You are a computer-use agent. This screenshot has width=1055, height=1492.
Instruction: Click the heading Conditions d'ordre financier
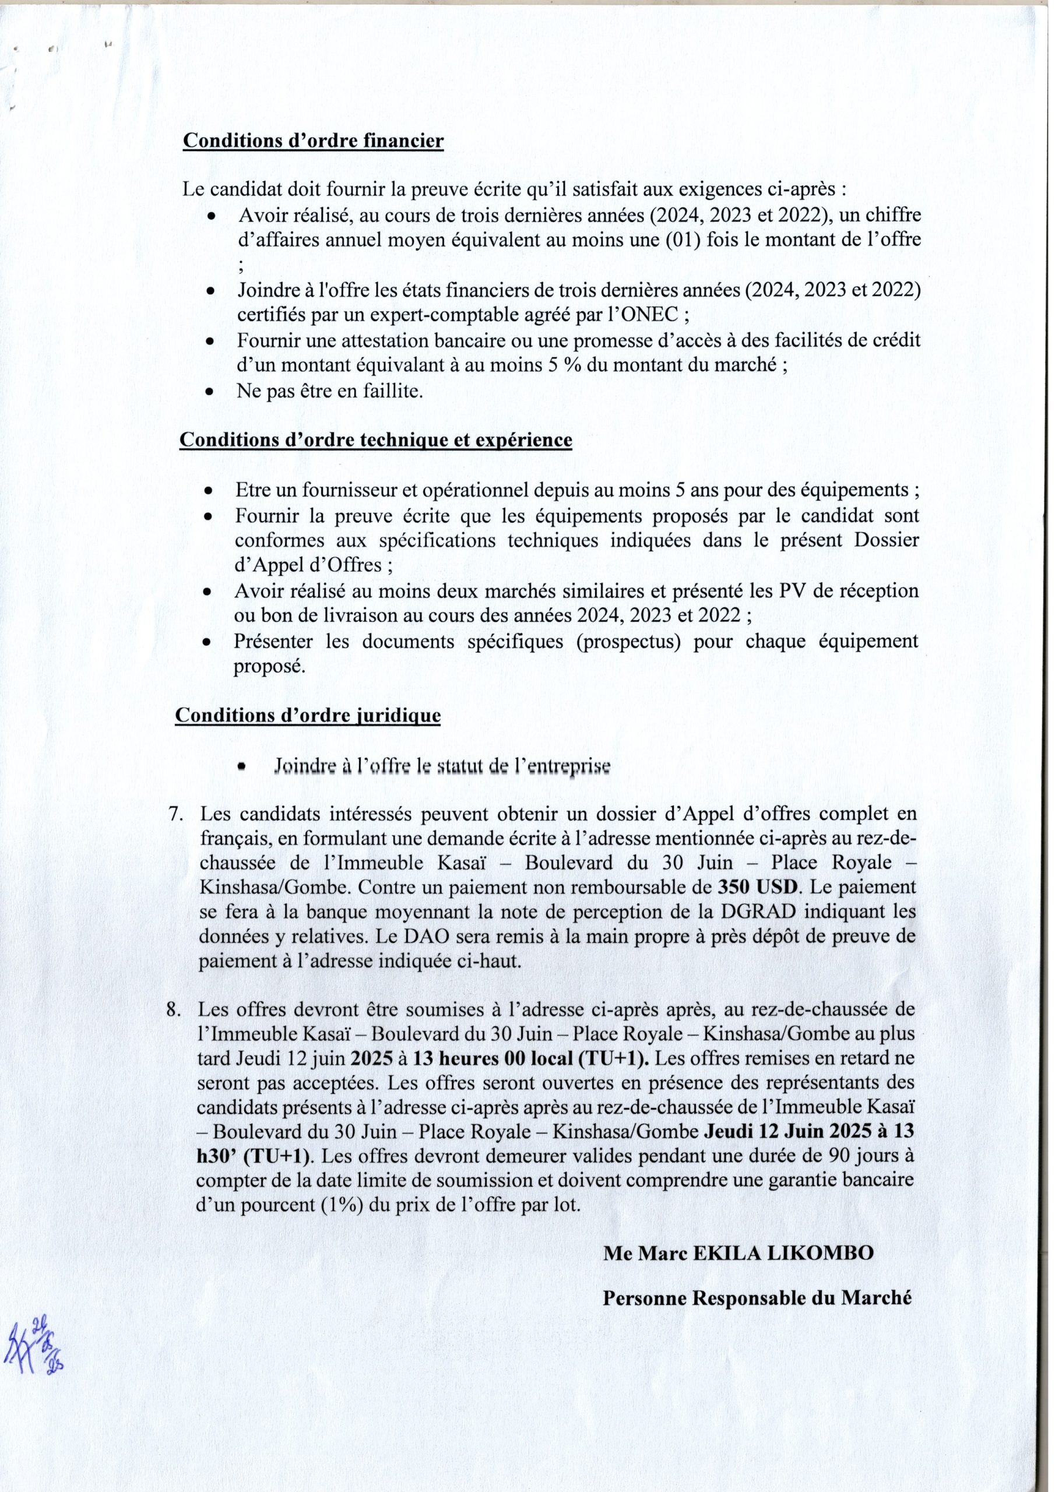[314, 141]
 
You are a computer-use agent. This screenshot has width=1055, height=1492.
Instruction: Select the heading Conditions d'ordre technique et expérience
[376, 440]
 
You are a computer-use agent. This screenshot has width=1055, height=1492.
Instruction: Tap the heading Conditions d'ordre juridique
[308, 716]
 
